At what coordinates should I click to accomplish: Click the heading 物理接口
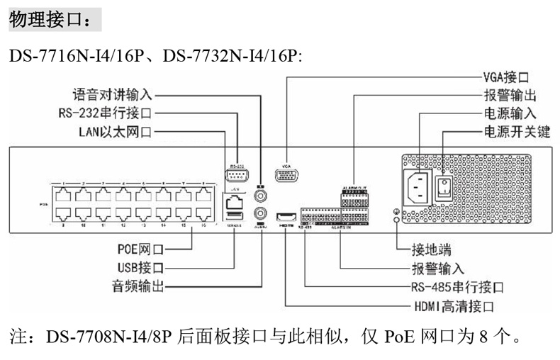click(50, 20)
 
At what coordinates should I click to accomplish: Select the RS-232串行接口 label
click(106, 113)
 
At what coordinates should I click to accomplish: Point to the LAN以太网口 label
click(115, 131)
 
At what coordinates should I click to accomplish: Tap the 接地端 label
click(432, 249)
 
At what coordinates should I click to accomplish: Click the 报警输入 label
click(437, 269)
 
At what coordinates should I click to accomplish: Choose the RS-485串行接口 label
click(457, 288)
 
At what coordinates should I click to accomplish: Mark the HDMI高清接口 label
click(454, 307)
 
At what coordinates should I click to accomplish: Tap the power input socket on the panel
click(418, 188)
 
